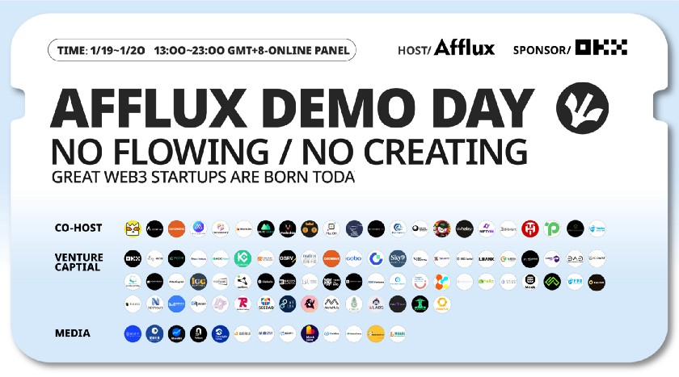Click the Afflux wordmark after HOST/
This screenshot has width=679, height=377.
coord(464,48)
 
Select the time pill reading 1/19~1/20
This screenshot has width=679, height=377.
coord(202,50)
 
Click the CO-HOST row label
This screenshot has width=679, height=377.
coord(78,228)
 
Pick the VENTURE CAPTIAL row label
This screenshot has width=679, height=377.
coord(78,262)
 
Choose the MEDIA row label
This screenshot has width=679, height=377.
coord(73,333)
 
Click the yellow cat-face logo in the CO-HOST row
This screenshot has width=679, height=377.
coord(133,228)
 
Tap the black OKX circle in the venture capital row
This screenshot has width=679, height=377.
coord(133,259)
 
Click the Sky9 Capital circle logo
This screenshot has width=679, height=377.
coord(398,259)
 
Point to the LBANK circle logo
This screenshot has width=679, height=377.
coord(486,259)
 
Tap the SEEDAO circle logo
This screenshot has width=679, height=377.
coord(265,304)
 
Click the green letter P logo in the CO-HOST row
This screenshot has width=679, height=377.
coord(553,228)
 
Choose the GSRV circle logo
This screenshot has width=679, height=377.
coord(287,259)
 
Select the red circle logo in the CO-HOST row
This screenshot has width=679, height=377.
coord(530,228)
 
